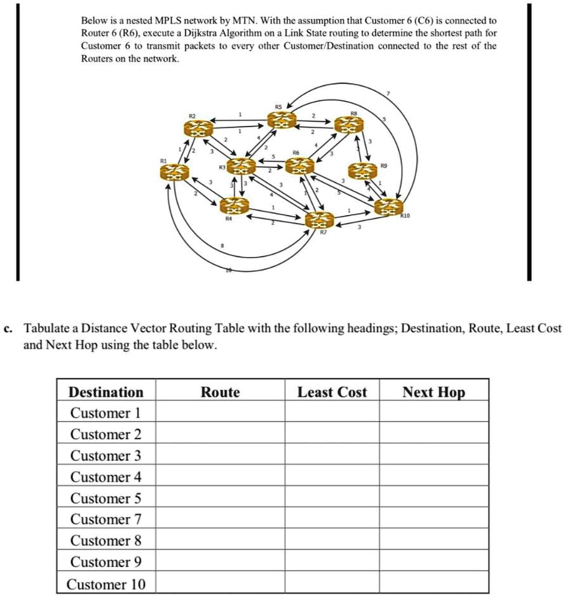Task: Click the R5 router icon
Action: (x=282, y=119)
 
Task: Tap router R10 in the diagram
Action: (x=388, y=207)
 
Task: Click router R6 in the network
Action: (x=299, y=166)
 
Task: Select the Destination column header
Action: (x=106, y=392)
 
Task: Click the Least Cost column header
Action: (x=332, y=392)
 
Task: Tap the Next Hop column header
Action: (x=433, y=392)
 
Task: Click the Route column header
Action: (x=220, y=392)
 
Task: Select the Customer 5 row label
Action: (x=106, y=498)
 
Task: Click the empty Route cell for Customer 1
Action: (x=220, y=413)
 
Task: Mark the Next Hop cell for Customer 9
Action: (x=433, y=562)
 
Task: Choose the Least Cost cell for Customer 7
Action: (x=332, y=519)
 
